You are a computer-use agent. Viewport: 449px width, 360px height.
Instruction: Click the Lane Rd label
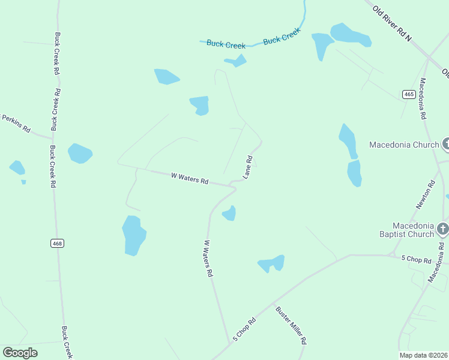coord(248,167)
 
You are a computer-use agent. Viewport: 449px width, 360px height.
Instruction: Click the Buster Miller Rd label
coord(291,325)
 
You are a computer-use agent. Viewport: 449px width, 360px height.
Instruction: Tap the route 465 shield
coord(409,94)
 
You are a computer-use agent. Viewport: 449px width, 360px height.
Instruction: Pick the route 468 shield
coord(57,243)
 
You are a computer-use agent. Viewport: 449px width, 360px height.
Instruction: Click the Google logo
coord(20,352)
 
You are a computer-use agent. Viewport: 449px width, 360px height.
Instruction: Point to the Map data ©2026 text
coord(423,355)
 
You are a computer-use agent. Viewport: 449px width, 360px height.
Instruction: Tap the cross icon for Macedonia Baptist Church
coord(443,229)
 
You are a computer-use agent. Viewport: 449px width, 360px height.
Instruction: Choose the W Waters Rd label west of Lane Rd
coord(190,178)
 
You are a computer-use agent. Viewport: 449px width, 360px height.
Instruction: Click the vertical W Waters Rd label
coord(208,258)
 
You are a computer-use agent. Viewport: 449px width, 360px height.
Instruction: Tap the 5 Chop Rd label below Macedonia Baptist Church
coord(416,259)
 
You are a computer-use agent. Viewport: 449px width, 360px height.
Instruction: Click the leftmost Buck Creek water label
coord(223,44)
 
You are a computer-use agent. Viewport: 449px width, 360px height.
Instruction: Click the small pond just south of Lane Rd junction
coord(229,213)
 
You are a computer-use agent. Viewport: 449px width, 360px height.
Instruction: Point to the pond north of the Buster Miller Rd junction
coord(271,263)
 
